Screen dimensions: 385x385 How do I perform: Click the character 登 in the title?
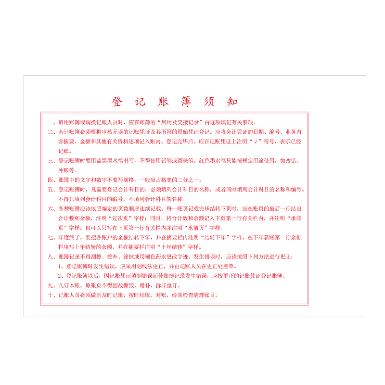[x=117, y=102]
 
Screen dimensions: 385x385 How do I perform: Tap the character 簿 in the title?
[x=186, y=102]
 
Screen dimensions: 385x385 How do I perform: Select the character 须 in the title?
[x=209, y=102]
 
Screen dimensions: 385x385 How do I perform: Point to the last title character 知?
[x=232, y=102]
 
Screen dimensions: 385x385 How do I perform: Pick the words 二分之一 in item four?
[x=182, y=180]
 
